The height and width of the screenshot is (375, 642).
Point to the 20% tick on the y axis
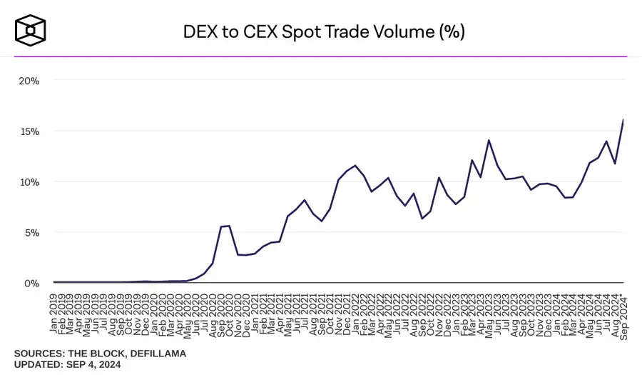click(x=29, y=81)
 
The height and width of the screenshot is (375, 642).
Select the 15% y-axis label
click(x=29, y=131)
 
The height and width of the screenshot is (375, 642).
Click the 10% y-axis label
click(x=29, y=182)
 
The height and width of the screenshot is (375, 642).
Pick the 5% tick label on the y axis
click(x=31, y=233)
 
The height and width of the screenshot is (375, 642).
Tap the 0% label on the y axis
click(x=31, y=283)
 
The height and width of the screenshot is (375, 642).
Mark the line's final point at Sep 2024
click(x=623, y=120)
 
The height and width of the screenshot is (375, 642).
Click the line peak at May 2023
click(x=489, y=140)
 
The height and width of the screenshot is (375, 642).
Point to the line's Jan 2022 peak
click(x=355, y=166)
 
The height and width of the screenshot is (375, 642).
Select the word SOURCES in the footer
click(x=40, y=354)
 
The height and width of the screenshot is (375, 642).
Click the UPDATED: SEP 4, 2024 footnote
click(x=67, y=365)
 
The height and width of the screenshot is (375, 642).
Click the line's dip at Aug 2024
click(x=615, y=164)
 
